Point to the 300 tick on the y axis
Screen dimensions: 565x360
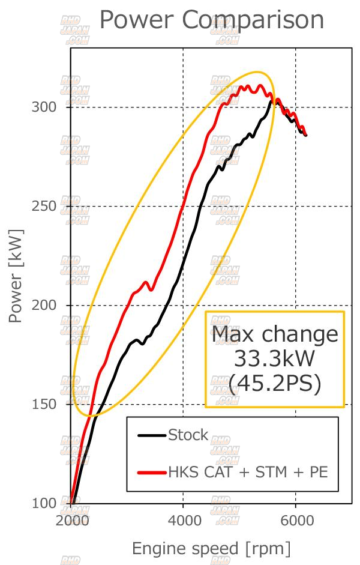pos(43,107)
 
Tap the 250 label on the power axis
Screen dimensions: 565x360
pos(43,207)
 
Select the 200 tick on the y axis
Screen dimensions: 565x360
pos(43,306)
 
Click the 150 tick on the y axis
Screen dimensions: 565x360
pos(43,404)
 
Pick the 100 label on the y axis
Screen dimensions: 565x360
pos(43,503)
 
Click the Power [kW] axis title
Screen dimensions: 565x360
pos(16,276)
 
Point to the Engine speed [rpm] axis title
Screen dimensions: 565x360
pos(211,548)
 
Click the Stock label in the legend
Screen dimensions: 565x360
pos(188,435)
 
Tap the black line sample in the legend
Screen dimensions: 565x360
pos(152,435)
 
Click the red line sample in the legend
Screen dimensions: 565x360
pos(152,473)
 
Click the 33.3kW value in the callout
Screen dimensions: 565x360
pos(275,359)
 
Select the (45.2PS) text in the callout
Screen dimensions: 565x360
pos(275,384)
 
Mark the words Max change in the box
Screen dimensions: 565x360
pos(275,334)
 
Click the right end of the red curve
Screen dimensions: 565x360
pos(306,134)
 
